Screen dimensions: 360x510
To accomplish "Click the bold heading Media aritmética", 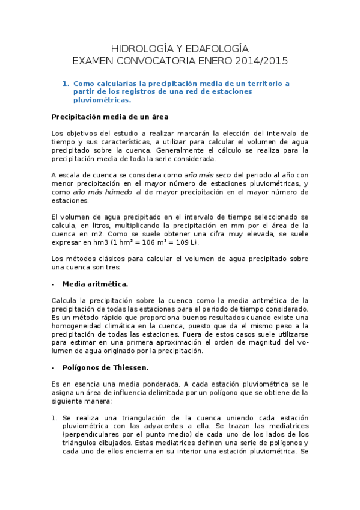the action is click(x=95, y=283).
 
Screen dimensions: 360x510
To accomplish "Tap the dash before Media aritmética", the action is click(x=53, y=283).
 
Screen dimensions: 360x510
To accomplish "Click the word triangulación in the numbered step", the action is click(x=136, y=417).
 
